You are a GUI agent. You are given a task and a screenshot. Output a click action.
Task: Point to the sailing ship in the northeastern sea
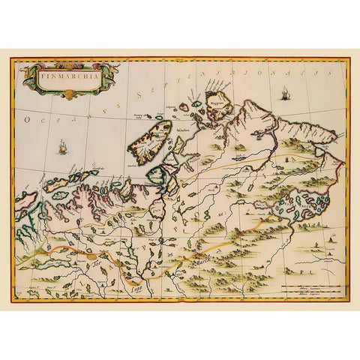[286, 94]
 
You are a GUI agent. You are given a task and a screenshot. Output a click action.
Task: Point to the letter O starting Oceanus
[25, 120]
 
